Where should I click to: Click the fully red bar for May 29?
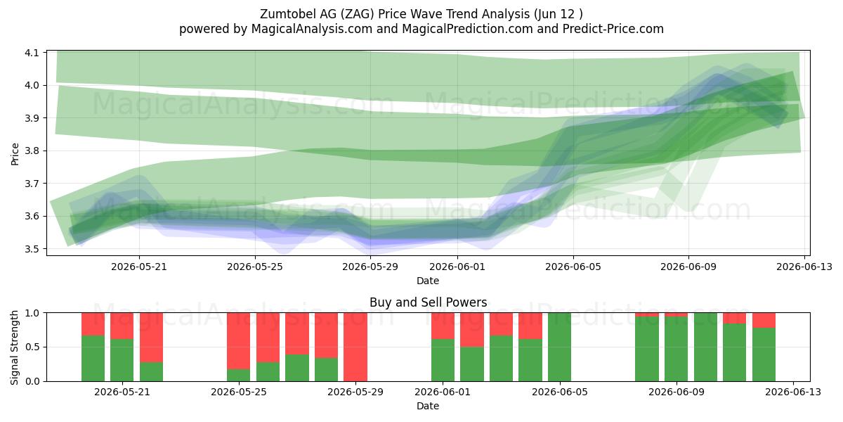(x=355, y=347)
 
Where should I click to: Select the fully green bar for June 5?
(x=560, y=347)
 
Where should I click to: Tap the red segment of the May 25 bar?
(x=239, y=340)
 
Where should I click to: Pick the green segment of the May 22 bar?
(x=151, y=372)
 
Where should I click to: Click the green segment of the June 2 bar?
(x=472, y=364)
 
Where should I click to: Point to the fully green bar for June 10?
(x=705, y=347)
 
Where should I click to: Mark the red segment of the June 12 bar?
(x=764, y=320)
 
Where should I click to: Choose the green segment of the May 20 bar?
(x=93, y=358)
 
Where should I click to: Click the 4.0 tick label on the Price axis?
(x=32, y=86)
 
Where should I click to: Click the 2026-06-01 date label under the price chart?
(x=457, y=267)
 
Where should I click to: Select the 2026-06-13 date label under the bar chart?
(x=793, y=392)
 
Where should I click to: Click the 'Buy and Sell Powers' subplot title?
(x=429, y=302)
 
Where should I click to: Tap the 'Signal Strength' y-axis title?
(x=14, y=347)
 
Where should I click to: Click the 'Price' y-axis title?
(x=15, y=154)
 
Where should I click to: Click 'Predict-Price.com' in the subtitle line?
(x=613, y=29)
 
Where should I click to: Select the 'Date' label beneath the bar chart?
(x=428, y=406)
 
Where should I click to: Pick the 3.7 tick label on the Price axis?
(x=32, y=184)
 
